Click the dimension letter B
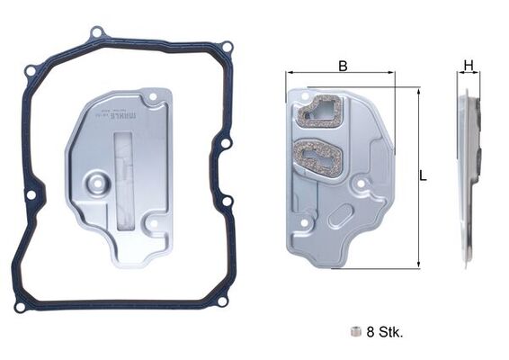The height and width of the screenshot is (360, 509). click(x=343, y=65)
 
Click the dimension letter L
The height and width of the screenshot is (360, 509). click(x=423, y=176)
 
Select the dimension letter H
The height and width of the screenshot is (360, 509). click(x=468, y=65)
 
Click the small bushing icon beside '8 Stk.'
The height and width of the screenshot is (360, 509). click(x=357, y=332)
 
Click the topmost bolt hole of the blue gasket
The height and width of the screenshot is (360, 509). click(x=97, y=33)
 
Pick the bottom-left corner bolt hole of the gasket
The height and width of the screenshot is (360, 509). click(x=20, y=307)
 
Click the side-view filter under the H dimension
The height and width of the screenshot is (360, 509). click(x=469, y=175)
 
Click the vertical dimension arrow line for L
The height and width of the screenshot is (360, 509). click(x=417, y=176)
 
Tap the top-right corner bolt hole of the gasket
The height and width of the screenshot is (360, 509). click(x=228, y=47)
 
